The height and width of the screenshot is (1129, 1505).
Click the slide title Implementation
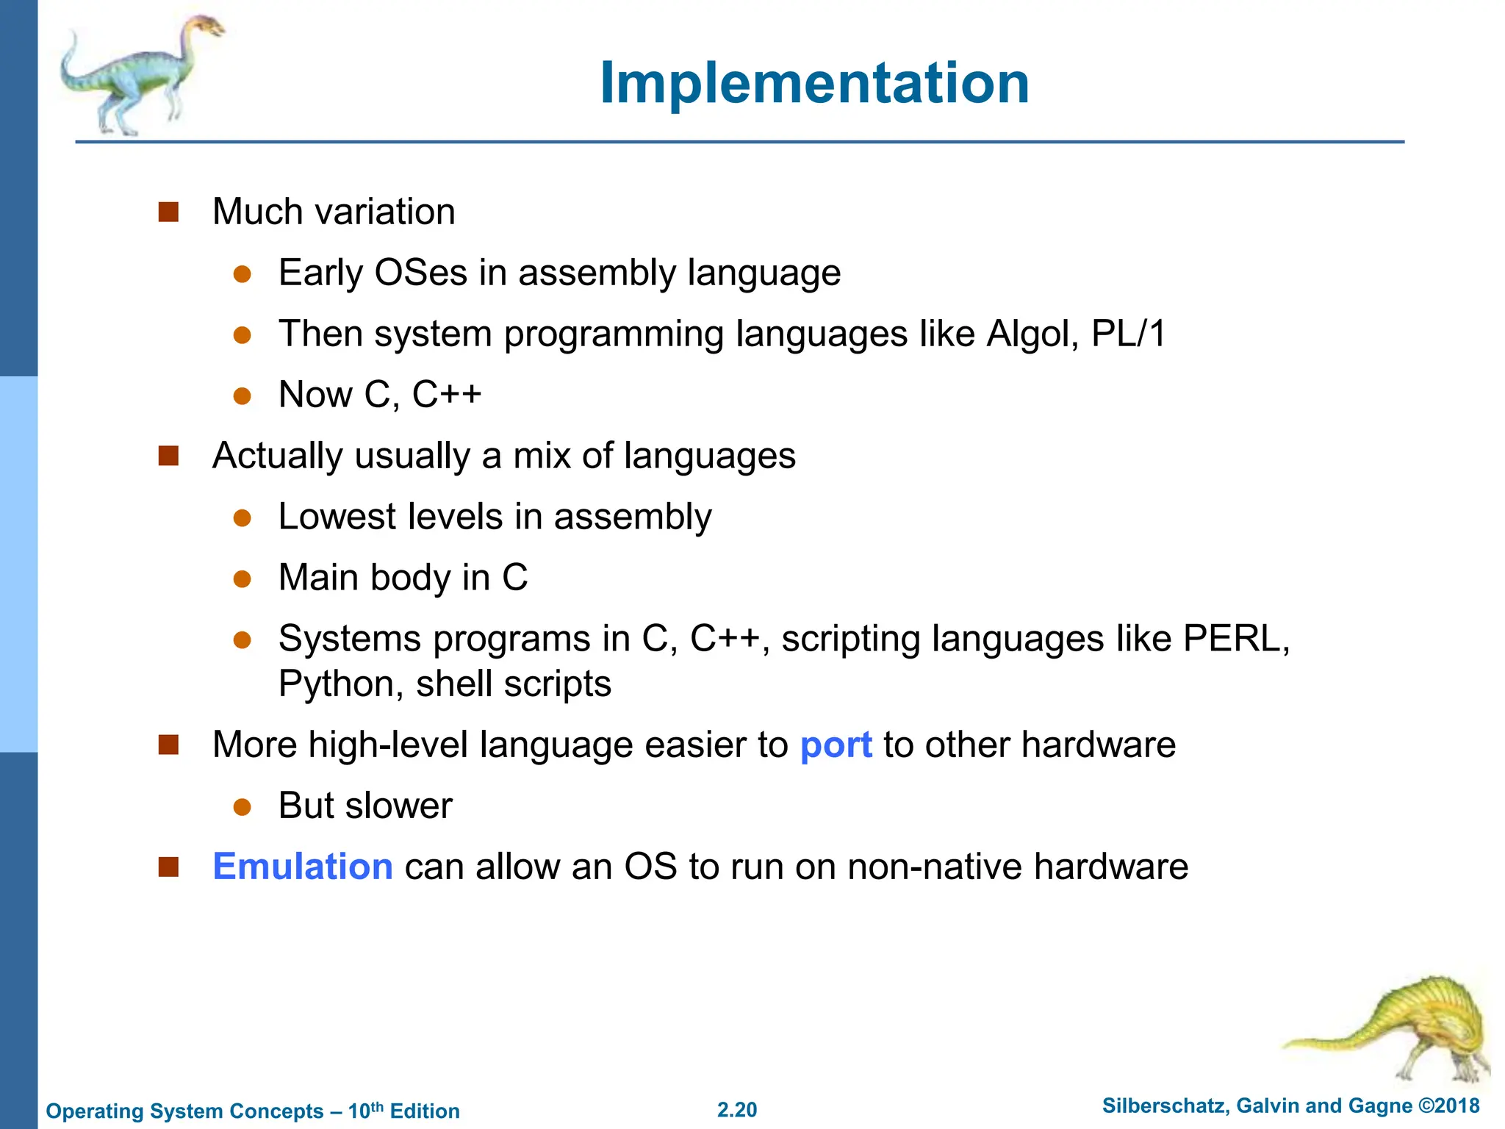tap(814, 83)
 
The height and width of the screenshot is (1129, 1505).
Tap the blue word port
tap(836, 745)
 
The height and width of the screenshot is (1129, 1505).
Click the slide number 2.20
tap(737, 1110)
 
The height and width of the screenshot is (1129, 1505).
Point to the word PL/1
tap(1128, 334)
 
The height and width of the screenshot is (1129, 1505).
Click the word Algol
tap(1032, 334)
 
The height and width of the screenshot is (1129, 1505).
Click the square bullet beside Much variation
tap(169, 212)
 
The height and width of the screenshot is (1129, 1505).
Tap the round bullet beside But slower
tap(243, 807)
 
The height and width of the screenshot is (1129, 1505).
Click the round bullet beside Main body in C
tap(243, 578)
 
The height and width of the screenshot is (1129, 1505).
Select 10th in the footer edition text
tap(365, 1110)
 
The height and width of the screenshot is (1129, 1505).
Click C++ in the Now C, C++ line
tap(446, 395)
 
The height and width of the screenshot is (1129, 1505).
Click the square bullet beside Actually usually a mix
tap(169, 456)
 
